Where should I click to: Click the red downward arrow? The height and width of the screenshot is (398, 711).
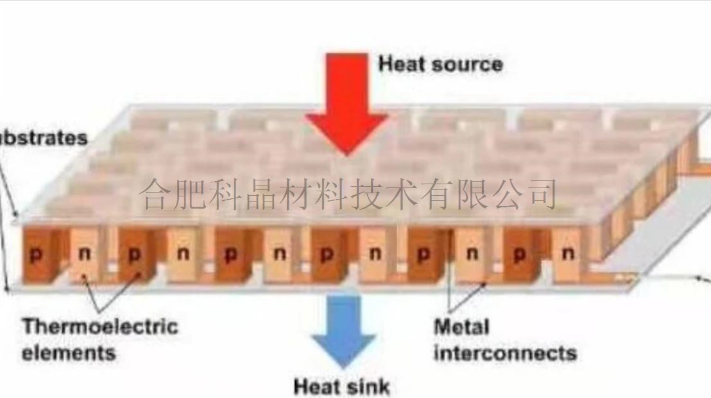pos(347,103)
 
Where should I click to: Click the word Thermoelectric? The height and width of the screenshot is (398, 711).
pos(100,327)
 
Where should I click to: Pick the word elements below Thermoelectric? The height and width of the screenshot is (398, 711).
pos(69,352)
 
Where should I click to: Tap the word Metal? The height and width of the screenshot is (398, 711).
pos(461,327)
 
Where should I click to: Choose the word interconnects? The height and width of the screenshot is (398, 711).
pos(505,352)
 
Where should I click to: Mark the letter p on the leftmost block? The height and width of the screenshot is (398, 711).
pos(36,254)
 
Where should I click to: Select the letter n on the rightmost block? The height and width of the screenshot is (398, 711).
pos(568,254)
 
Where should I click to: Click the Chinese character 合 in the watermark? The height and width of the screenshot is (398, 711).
pos(156,194)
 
